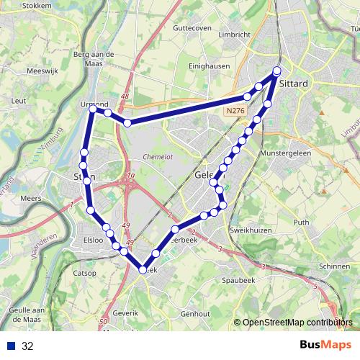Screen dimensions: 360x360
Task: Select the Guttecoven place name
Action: [x=192, y=27]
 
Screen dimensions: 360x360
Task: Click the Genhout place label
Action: [x=195, y=314]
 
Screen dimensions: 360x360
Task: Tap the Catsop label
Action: [x=85, y=273]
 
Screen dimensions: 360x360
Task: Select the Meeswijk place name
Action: [x=42, y=71]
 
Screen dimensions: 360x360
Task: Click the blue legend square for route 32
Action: [x=10, y=346]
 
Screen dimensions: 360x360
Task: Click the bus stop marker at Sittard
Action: [x=276, y=71]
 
